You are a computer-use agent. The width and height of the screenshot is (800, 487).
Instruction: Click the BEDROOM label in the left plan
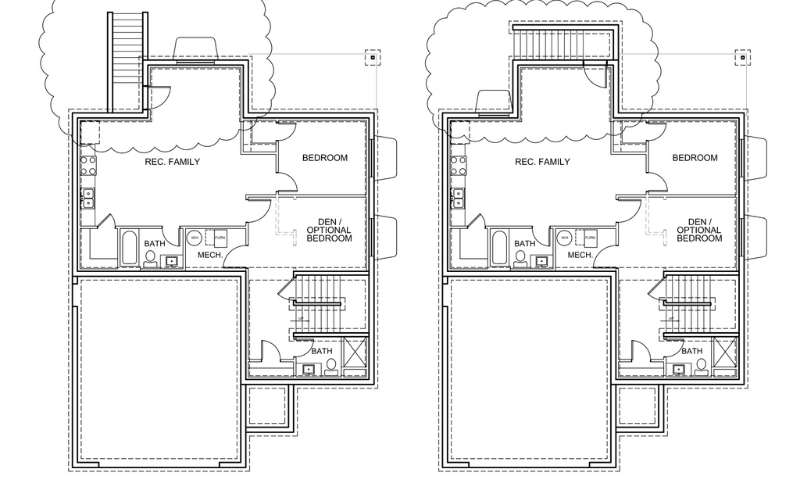[x=325, y=158]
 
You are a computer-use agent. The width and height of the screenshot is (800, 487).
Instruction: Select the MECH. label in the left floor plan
[x=211, y=256]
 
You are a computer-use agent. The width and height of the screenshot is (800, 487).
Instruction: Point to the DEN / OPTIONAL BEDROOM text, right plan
[x=698, y=230]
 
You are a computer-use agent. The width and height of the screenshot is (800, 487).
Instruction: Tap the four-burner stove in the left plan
[x=87, y=165]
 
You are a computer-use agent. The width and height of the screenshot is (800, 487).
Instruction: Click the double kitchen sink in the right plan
[x=457, y=198]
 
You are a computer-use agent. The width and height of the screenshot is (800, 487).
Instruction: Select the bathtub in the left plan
[x=130, y=248]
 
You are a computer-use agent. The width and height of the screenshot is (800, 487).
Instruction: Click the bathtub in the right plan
[x=499, y=248]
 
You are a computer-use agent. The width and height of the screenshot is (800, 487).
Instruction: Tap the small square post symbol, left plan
[x=373, y=57]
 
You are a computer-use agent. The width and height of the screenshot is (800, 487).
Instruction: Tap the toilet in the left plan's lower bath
[x=330, y=364]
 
